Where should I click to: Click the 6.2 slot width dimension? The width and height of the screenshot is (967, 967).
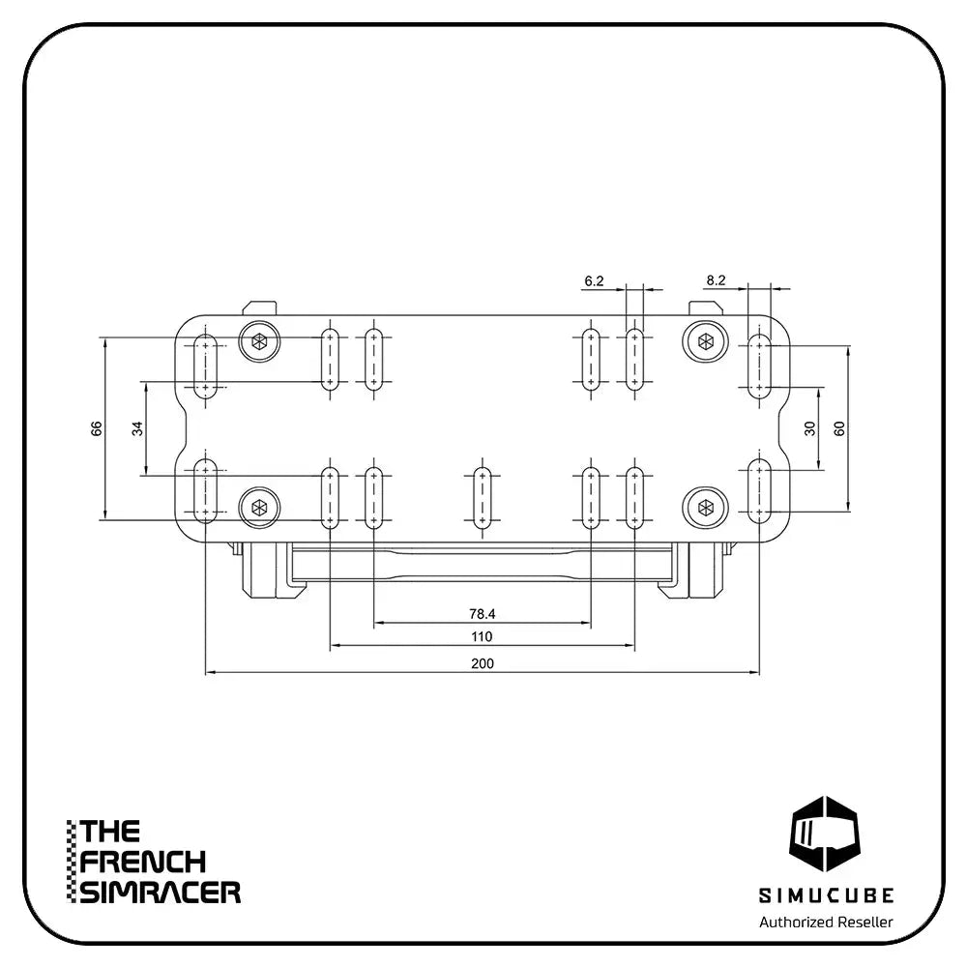[594, 281]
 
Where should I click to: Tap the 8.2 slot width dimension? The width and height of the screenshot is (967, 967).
[716, 280]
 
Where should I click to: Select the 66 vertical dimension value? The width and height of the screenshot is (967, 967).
[96, 428]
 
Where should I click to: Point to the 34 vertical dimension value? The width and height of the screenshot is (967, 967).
[137, 428]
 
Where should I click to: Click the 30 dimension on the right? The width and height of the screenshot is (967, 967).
[809, 428]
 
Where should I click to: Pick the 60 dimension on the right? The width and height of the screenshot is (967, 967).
[839, 428]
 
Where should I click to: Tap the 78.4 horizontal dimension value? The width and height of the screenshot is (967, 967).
[483, 614]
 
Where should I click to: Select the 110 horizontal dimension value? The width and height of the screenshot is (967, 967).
[483, 636]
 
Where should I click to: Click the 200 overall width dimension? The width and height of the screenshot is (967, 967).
[483, 663]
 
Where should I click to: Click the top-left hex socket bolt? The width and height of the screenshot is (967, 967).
[259, 341]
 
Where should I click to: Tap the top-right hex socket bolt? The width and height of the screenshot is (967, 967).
[705, 341]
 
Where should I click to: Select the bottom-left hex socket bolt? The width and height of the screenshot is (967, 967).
[259, 508]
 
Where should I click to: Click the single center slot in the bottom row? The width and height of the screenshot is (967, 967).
[483, 498]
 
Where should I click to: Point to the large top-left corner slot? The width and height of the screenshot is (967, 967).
[205, 366]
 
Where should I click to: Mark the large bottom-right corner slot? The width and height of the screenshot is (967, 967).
[759, 491]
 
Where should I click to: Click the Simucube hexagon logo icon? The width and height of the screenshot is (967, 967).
[825, 834]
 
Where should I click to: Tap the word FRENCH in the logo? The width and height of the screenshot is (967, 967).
[142, 863]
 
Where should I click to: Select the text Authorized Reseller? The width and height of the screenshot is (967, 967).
[826, 922]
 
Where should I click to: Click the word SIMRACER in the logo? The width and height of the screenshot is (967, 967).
[161, 893]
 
